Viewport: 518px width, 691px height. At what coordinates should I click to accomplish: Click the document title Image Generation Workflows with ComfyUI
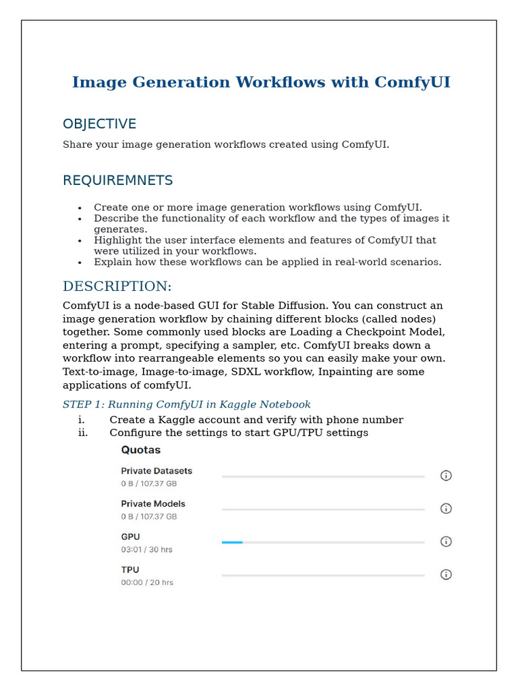[x=261, y=82]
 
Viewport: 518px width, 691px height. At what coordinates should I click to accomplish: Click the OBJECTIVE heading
[x=99, y=124]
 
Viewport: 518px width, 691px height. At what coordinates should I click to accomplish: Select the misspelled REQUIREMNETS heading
[x=117, y=181]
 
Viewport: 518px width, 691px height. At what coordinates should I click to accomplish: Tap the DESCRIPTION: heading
[x=117, y=286]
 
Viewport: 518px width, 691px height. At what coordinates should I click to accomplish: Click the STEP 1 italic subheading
[x=186, y=405]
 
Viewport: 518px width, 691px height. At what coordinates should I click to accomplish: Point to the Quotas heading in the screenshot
[x=140, y=450]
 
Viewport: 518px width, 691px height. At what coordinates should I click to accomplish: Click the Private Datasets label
[x=156, y=471]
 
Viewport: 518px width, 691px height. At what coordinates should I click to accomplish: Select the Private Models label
[x=153, y=504]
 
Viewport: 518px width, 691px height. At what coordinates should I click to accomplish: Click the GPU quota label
[x=130, y=537]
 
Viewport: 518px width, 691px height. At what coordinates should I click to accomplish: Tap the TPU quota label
[x=129, y=570]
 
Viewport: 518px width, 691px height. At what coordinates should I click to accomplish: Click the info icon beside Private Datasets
[x=446, y=476]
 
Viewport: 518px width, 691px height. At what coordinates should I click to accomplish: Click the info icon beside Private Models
[x=446, y=509]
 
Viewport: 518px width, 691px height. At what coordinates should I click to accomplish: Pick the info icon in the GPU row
[x=446, y=542]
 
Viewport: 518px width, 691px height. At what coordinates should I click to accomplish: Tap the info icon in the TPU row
[x=446, y=575]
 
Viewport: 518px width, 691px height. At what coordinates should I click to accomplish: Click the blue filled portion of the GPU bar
[x=232, y=542]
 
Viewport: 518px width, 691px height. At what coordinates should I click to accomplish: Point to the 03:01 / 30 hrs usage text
[x=146, y=550]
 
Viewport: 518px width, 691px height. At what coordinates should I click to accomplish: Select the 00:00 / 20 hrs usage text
[x=146, y=583]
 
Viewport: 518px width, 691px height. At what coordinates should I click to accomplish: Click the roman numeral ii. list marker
[x=83, y=433]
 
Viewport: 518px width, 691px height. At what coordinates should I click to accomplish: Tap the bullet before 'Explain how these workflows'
[x=80, y=262]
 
